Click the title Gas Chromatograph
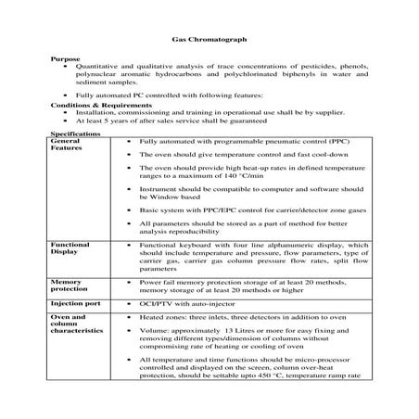click(x=209, y=43)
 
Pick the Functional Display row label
click(x=70, y=247)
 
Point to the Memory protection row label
click(x=68, y=284)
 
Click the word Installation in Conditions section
click(x=95, y=113)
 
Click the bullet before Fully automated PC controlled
click(x=64, y=95)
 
